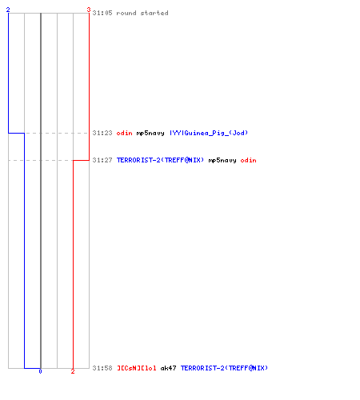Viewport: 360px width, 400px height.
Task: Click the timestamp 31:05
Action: coord(102,13)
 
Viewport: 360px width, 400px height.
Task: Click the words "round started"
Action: coord(142,13)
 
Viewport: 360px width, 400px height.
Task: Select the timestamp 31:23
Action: coord(102,133)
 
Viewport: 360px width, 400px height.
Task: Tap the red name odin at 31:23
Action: coord(124,133)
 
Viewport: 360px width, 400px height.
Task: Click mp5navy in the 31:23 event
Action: coord(150,133)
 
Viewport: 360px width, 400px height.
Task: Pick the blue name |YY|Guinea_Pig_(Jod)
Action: coord(209,133)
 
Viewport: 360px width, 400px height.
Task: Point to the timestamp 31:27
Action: coord(102,160)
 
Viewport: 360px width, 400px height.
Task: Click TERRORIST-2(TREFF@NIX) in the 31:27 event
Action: coord(160,160)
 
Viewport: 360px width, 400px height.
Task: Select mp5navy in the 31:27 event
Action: coord(222,160)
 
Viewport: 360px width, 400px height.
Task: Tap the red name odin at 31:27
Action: coord(248,160)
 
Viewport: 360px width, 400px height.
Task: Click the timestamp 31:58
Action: coord(102,368)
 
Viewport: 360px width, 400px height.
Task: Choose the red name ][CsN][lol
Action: coord(137,368)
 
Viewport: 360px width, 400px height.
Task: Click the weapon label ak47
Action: coord(168,368)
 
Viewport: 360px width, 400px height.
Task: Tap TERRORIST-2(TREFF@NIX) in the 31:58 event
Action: coord(224,368)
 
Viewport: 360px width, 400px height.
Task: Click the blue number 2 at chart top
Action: coord(8,10)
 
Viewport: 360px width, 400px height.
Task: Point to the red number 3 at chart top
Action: coord(89,10)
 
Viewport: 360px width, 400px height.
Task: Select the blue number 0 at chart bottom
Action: coord(40,371)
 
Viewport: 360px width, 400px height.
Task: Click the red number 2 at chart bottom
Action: coord(73,371)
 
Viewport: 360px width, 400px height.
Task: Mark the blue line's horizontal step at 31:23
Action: coord(16,133)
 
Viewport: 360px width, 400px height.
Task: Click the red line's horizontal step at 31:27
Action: coord(81,160)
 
